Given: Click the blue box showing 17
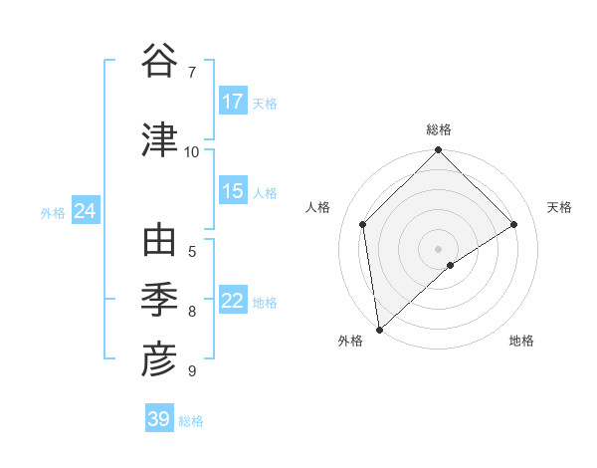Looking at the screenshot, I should click(x=233, y=102).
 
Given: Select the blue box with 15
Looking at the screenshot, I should click(x=233, y=192).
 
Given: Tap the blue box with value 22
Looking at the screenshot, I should click(x=233, y=302).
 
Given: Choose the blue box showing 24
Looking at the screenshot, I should click(x=85, y=211).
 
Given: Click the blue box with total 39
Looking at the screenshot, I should click(x=159, y=419).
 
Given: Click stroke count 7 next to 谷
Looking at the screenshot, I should click(x=191, y=72).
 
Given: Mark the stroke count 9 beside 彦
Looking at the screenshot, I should click(x=191, y=371).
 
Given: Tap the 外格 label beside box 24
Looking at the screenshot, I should click(x=53, y=212).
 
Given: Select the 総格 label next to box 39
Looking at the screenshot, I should click(x=191, y=420).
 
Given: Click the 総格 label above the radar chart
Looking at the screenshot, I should click(x=438, y=129).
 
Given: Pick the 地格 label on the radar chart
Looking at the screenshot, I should click(x=521, y=341).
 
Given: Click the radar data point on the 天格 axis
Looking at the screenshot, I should click(x=514, y=224).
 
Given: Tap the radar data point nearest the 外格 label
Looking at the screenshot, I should click(x=379, y=329).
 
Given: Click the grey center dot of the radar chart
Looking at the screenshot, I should click(x=438, y=248).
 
